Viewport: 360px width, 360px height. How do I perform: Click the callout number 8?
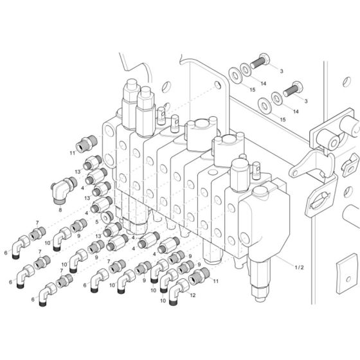coord(60,210)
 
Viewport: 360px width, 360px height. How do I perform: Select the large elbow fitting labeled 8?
coord(64,191)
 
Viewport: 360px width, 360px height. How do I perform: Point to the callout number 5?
coord(96,221)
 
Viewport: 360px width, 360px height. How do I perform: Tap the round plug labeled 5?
coord(106,219)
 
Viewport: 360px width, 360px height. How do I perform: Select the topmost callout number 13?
coord(76,172)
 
